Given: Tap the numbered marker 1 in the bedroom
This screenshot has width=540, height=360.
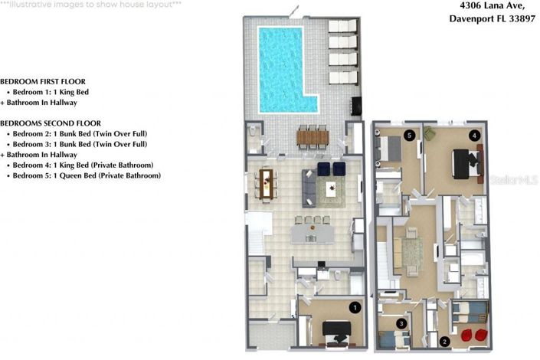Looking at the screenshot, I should [x=354, y=307].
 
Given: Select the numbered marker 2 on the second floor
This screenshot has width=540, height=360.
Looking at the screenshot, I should [x=444, y=341].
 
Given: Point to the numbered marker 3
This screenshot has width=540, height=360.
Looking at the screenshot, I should [x=401, y=324].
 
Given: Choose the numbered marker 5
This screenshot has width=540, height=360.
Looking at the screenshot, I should [x=410, y=136].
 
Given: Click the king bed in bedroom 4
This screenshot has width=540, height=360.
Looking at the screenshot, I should [x=465, y=162].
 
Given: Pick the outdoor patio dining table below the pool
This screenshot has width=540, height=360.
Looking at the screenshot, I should [x=311, y=137].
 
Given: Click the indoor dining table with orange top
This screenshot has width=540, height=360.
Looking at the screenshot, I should [x=267, y=182].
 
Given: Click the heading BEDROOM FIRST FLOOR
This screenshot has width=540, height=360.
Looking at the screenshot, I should [x=42, y=81].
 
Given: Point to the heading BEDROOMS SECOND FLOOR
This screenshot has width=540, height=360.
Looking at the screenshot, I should [x=50, y=123].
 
